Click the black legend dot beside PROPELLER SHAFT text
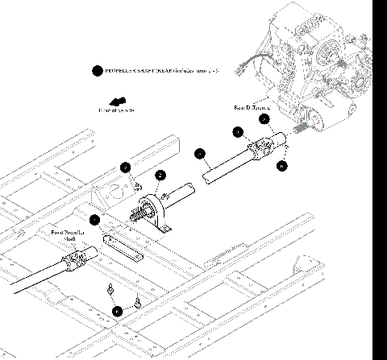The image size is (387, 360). pyautogui.click(x=97, y=71)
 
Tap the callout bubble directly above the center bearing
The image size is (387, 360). pyautogui.click(x=160, y=175)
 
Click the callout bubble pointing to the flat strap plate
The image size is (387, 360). pyautogui.click(x=96, y=219)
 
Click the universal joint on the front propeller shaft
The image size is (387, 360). pyautogui.click(x=74, y=259)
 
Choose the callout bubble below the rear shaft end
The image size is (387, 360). pyautogui.click(x=281, y=166)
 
